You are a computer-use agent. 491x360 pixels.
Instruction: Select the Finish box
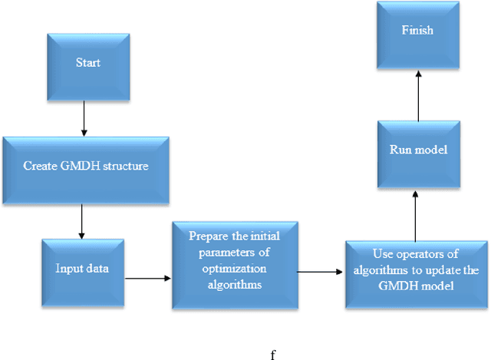pyautogui.click(x=417, y=31)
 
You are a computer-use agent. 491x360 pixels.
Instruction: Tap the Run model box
pyautogui.click(x=417, y=151)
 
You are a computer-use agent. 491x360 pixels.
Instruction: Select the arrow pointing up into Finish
pyautogui.click(x=417, y=95)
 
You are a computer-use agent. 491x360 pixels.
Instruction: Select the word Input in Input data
pyautogui.click(x=69, y=268)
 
